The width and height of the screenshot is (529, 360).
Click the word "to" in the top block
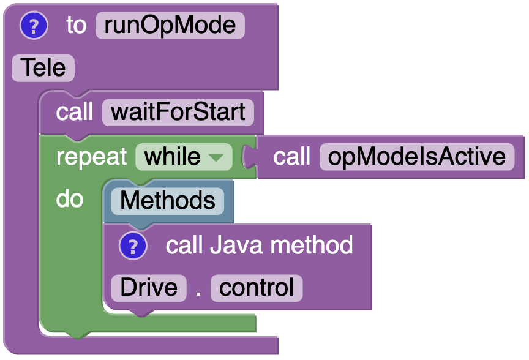pyautogui.click(x=76, y=26)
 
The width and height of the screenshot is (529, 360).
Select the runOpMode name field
pyautogui.click(x=170, y=26)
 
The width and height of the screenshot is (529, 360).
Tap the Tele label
pyautogui.click(x=43, y=67)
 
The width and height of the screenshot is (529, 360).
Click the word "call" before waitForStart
pyautogui.click(x=74, y=113)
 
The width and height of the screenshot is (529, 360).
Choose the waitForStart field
pyautogui.click(x=178, y=113)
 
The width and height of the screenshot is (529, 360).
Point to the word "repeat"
pyautogui.click(x=91, y=157)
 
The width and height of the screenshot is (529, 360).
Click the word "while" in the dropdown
pyautogui.click(x=172, y=157)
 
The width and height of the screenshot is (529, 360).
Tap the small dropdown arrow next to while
pyautogui.click(x=216, y=157)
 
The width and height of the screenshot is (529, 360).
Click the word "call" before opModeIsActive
pyautogui.click(x=292, y=157)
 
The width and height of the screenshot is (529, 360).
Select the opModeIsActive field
pyautogui.click(x=416, y=157)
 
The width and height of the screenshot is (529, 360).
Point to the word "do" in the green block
pyautogui.click(x=69, y=199)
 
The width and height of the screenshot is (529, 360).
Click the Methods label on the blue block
pyautogui.click(x=167, y=201)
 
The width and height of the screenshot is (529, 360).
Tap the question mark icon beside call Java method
pyautogui.click(x=133, y=246)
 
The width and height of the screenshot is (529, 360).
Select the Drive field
pyautogui.click(x=148, y=288)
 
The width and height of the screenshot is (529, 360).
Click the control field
pyautogui.click(x=257, y=288)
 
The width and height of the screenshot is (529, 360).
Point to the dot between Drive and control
pyautogui.click(x=198, y=291)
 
